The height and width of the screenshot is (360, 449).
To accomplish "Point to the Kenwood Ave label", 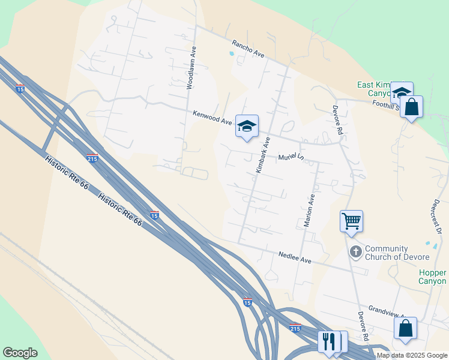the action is (x=212, y=117).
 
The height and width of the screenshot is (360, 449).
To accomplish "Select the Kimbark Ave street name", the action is (x=263, y=155).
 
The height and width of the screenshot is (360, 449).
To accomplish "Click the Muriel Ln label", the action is (x=292, y=157).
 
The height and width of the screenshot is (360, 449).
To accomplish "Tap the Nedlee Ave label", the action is (x=295, y=259).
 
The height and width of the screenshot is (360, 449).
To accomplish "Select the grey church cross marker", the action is (x=355, y=251).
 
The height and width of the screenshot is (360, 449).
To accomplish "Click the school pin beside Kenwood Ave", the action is (x=247, y=126).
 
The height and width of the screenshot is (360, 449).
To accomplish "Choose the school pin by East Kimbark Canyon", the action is (x=402, y=92).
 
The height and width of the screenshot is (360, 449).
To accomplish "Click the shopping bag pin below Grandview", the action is (x=405, y=328).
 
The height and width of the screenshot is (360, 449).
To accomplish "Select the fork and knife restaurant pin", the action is (x=328, y=341).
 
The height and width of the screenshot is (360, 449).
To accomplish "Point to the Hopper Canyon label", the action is (x=432, y=277).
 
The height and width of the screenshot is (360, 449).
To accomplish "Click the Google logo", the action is (x=20, y=353).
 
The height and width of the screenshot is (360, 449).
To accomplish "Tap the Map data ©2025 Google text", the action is (x=412, y=355).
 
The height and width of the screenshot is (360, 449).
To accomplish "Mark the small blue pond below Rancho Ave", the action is (x=232, y=53).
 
